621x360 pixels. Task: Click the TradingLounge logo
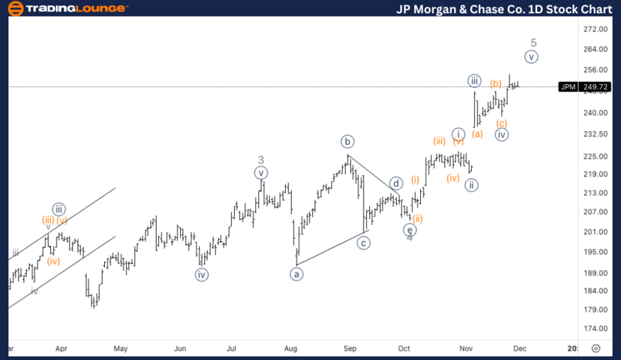(67, 9)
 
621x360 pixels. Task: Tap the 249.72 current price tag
(594, 87)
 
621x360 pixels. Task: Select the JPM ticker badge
(568, 87)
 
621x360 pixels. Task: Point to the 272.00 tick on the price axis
(594, 30)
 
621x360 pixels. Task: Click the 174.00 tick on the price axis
(594, 328)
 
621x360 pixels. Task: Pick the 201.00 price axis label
(594, 232)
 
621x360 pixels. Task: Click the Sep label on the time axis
(351, 348)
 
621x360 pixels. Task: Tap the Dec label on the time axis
(520, 348)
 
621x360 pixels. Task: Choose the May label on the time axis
(121, 348)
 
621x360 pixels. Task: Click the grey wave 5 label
(533, 43)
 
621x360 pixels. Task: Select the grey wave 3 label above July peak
(261, 160)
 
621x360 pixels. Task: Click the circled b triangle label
(347, 142)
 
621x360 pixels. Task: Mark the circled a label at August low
(297, 274)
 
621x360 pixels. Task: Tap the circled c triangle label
(364, 243)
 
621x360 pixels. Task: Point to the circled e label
(410, 230)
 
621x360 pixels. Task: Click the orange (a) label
(477, 134)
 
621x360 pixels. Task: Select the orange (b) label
(496, 84)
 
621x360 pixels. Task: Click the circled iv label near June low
(201, 274)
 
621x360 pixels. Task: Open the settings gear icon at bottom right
(596, 348)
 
